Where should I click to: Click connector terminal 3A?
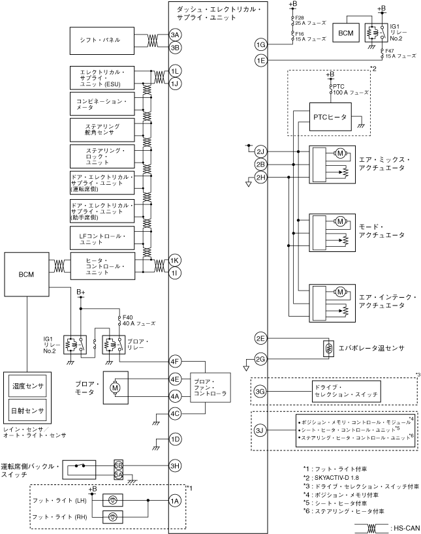tap(175, 35)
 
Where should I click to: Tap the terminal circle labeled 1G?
tap(261, 44)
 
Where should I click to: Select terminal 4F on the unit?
tap(175, 362)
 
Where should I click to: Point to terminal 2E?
tap(260, 338)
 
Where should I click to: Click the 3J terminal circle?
tap(260, 430)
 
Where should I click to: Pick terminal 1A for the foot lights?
tap(175, 501)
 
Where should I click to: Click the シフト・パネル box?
tap(102, 40)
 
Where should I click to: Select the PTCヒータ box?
tap(330, 117)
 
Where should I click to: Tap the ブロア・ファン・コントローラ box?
tap(210, 388)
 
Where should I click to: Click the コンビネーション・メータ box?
tap(102, 104)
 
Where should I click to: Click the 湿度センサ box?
tap(27, 386)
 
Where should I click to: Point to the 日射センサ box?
tap(27, 411)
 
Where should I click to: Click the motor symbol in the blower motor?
tap(115, 388)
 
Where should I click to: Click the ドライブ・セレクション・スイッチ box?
tap(346, 391)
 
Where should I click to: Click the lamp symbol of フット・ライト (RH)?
tap(113, 517)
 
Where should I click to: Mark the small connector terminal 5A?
tap(118, 475)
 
